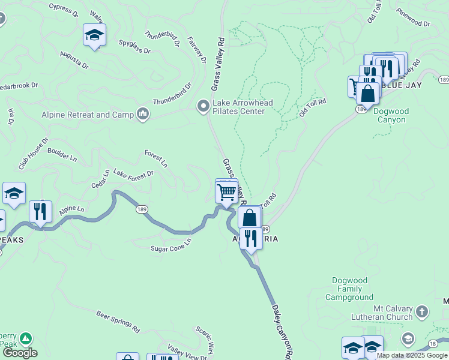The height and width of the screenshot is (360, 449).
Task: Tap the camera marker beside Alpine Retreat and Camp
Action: click(143, 114)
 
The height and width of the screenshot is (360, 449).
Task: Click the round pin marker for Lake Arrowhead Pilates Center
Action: click(203, 107)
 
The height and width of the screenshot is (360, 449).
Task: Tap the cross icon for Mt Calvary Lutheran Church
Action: click(422, 311)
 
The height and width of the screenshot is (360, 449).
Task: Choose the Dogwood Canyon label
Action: click(390, 115)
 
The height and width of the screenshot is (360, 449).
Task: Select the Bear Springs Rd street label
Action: click(118, 322)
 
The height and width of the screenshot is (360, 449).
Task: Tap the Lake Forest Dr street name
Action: click(133, 173)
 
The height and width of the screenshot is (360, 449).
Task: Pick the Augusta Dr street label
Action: click(74, 59)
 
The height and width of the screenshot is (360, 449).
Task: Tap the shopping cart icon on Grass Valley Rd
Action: click(226, 193)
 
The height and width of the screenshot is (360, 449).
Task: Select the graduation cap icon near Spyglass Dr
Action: click(94, 35)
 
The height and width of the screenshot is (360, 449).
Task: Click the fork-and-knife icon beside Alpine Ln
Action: click(40, 211)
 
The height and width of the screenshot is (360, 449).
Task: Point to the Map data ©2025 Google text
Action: click(412, 355)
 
